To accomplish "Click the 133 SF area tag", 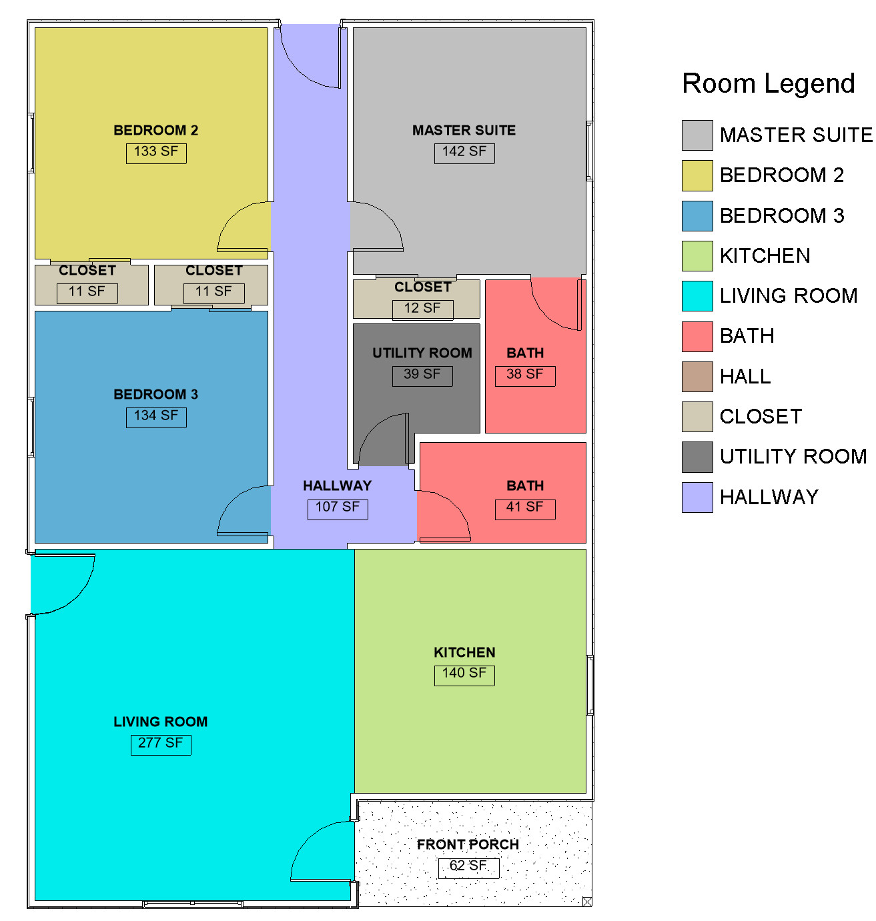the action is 156,153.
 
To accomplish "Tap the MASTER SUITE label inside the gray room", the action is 464,130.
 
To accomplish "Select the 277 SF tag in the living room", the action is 161,744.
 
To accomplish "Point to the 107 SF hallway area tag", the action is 338,509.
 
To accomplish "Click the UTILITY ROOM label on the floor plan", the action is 422,353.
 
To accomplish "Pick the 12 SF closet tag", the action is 422,309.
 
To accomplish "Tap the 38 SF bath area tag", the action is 525,375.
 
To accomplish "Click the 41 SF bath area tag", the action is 525,509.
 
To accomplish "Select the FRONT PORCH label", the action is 468,844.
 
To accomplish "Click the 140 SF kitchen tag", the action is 464,675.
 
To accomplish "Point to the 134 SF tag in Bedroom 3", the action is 156,417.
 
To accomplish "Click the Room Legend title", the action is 768,83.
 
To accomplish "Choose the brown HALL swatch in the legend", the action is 697,376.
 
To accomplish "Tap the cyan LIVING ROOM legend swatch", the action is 697,295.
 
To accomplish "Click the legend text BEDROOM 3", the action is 782,215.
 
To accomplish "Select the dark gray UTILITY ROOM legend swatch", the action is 697,456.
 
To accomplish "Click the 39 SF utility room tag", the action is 422,375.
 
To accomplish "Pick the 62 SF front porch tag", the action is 468,868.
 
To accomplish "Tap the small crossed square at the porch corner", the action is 587,901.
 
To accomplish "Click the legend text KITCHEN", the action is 765,256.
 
